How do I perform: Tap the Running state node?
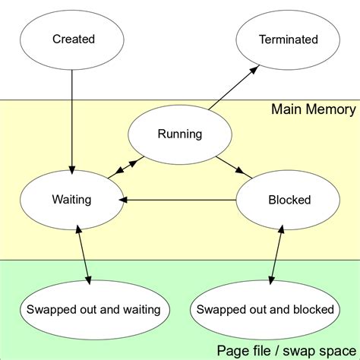pos(179,134)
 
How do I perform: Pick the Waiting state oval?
pos(71,200)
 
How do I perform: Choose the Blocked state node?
pos(289,200)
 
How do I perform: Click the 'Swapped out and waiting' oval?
pos(93,309)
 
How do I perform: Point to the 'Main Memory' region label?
pos(313,110)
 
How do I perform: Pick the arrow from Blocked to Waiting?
pos(178,201)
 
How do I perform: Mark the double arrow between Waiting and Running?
pos(125,168)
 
